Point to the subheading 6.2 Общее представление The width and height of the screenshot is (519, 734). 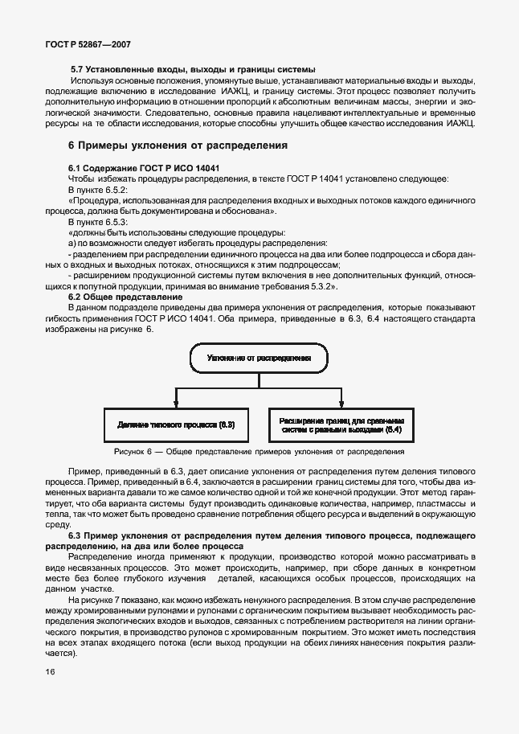[x=125, y=297]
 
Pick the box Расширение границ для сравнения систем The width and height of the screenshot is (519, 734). [x=341, y=424]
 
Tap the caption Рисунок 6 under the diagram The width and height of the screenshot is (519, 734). [x=259, y=452]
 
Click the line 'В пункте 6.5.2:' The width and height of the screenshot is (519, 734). [x=98, y=188]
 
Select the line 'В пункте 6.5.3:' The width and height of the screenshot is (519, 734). [x=98, y=220]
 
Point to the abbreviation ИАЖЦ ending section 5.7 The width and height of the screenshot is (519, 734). [x=457, y=124]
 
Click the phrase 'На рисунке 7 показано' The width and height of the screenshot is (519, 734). [x=116, y=601]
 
